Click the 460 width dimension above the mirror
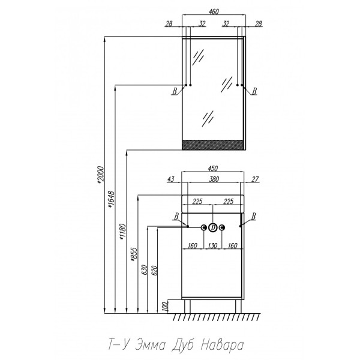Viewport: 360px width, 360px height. (214, 10)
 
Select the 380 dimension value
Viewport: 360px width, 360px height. (214, 179)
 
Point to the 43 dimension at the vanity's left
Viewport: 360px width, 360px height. (172, 179)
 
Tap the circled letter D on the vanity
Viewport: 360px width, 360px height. (213, 227)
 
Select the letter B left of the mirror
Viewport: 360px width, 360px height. (174, 91)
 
